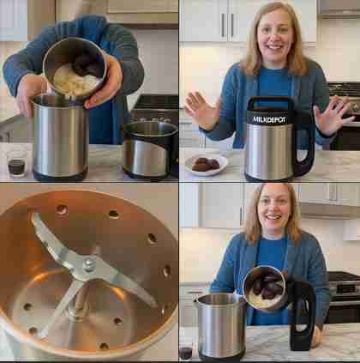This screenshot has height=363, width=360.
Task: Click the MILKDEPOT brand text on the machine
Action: coord(269,119)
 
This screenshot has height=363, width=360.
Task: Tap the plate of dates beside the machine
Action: coord(207,165)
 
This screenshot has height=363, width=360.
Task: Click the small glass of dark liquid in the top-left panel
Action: coord(17,163)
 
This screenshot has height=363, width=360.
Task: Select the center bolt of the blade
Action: coord(88,264)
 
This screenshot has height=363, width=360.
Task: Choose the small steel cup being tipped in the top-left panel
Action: coord(75,68)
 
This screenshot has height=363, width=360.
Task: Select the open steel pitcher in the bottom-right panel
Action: coord(221,326)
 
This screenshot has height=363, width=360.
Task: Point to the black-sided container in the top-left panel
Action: coord(151,149)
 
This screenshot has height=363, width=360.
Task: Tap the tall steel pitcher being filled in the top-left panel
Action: coord(59,137)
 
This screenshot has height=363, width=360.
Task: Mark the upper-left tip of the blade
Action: coord(33,216)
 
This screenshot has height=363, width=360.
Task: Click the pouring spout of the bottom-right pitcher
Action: coord(197,299)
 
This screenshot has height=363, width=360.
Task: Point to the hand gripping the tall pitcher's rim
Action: coord(28,93)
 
